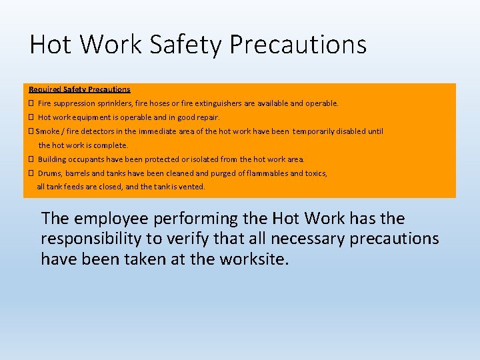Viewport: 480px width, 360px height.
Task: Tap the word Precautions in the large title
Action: pos(297,45)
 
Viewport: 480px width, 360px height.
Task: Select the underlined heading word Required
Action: pos(44,89)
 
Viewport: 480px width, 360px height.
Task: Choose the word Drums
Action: pos(49,173)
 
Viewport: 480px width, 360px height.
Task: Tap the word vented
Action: pos(192,187)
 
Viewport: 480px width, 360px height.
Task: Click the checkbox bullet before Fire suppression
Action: pos(31,103)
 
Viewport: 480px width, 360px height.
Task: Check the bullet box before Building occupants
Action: pos(31,159)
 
